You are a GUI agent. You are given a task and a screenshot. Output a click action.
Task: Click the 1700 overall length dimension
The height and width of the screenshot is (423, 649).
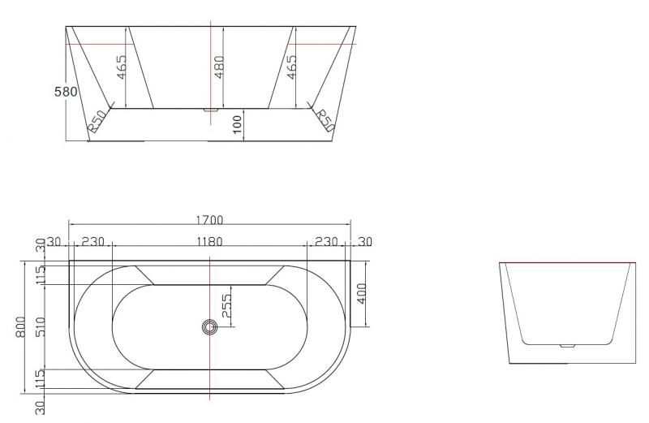click(209, 220)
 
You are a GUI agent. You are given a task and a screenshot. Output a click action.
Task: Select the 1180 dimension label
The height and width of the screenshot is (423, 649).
click(209, 241)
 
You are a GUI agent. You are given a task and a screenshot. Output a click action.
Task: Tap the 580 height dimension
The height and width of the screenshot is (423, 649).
click(66, 92)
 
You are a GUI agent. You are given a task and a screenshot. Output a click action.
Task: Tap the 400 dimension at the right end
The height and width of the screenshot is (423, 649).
click(361, 294)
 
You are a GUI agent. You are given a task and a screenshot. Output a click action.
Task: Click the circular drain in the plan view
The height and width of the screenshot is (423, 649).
click(210, 327)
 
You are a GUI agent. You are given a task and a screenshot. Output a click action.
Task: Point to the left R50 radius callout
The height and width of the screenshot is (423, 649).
click(97, 122)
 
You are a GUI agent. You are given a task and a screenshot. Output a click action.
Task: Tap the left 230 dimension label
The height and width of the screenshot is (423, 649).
click(93, 241)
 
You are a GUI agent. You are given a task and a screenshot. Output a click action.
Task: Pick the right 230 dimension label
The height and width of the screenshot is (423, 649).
click(327, 241)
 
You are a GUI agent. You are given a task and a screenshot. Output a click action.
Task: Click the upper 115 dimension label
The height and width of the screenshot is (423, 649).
click(40, 274)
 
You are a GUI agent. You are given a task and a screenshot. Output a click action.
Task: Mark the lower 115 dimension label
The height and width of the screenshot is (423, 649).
click(40, 378)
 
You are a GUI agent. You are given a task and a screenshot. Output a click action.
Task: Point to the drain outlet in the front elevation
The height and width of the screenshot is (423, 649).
click(210, 108)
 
